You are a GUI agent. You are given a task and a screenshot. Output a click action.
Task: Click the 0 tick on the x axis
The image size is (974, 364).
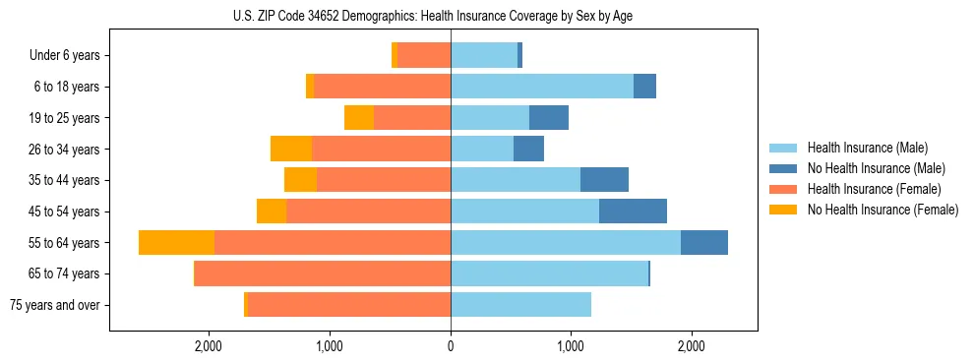tap(451, 346)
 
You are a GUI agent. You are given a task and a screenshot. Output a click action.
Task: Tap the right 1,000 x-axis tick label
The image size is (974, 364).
tap(571, 346)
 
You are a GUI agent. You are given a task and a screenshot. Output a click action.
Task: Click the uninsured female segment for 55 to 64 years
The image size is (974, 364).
tap(176, 242)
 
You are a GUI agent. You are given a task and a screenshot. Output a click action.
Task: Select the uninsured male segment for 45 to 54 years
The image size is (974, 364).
tap(633, 212)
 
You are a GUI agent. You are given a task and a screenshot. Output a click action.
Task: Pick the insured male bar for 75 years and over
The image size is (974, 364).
tap(520, 305)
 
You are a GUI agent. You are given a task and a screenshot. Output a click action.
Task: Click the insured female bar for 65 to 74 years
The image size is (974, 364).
tap(323, 273)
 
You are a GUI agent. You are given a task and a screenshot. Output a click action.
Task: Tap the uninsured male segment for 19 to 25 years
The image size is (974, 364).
tap(549, 118)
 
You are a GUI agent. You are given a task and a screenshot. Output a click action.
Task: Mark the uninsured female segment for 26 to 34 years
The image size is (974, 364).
tap(291, 149)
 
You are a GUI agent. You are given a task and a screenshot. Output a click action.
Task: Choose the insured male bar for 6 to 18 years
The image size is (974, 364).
tap(542, 87)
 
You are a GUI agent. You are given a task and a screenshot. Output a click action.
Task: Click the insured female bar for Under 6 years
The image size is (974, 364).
tap(424, 55)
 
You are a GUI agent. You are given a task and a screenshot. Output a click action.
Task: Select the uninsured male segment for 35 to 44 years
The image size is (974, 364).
tap(604, 180)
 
